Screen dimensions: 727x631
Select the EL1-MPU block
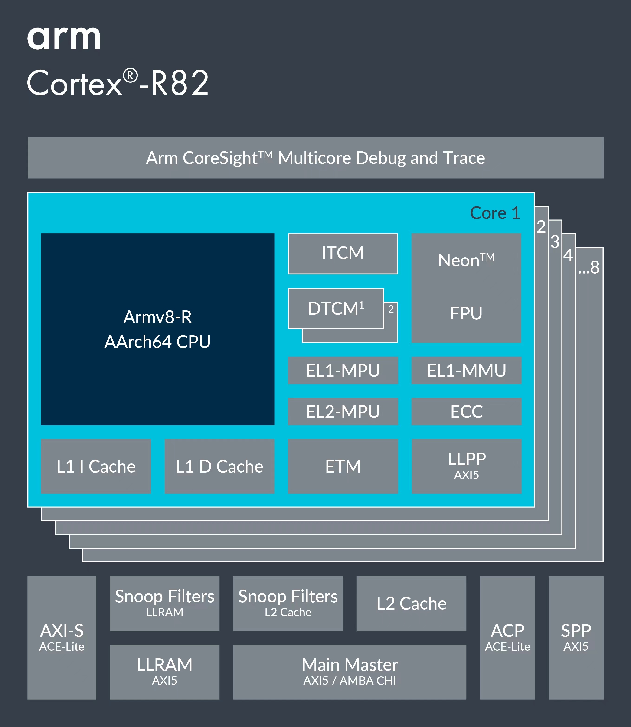pyautogui.click(x=343, y=370)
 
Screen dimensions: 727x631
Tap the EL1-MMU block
pyautogui.click(x=466, y=370)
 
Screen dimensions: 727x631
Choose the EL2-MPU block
pyautogui.click(x=343, y=411)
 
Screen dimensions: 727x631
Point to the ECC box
pyautogui.click(x=466, y=411)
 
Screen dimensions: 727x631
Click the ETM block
pyautogui.click(x=343, y=466)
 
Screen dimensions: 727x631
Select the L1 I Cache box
pyautogui.click(x=96, y=466)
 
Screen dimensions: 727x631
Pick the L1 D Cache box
pyautogui.click(x=219, y=466)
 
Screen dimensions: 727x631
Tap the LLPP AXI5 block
pyautogui.click(x=466, y=466)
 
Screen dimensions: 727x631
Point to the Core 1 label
pyautogui.click(x=495, y=213)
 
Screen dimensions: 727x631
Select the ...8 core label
pyautogui.click(x=589, y=267)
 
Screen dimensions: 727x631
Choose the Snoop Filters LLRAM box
pyautogui.click(x=164, y=603)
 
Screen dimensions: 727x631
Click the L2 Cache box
pyautogui.click(x=411, y=603)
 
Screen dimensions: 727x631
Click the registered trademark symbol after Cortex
pyautogui.click(x=130, y=76)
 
